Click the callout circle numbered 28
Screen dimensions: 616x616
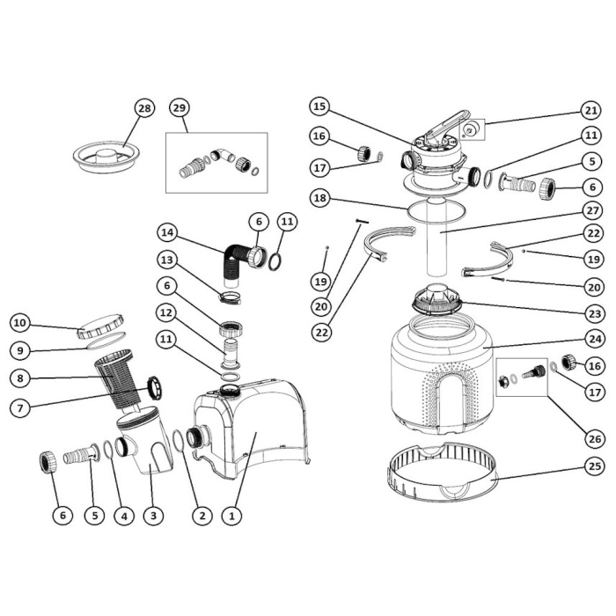pos(143,108)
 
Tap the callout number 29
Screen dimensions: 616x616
pos(179,108)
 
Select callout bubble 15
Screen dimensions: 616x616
pos(319,107)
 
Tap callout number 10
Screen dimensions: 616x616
pos(20,322)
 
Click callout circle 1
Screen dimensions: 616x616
pos(231,517)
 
